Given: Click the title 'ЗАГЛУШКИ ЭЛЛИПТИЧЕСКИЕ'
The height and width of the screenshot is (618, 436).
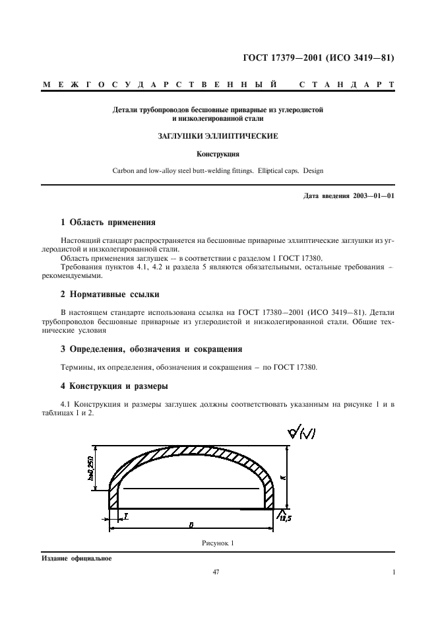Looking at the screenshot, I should click(218, 136).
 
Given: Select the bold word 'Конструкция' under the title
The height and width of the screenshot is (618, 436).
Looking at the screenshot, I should click(218, 154).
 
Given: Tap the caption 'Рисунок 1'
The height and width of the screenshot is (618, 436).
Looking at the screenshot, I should click(218, 543).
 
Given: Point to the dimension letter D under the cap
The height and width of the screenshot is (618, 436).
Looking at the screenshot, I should click(191, 525).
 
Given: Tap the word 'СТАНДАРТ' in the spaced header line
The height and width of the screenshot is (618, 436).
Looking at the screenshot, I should click(347, 85).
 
